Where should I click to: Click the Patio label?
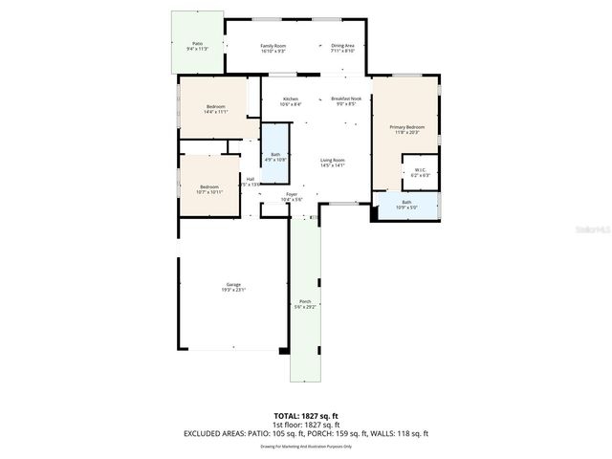[x=197, y=44]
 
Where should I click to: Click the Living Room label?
[x=332, y=162]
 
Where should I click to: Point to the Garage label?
[x=233, y=286]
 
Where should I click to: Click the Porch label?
[x=305, y=304]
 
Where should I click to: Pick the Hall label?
[x=250, y=181]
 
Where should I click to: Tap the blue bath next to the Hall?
[x=275, y=156]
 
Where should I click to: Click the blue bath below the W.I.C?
[x=406, y=205]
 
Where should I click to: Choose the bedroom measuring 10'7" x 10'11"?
[x=209, y=188]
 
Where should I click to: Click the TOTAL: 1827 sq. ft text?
[x=306, y=416]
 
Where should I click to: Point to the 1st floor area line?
[x=306, y=425]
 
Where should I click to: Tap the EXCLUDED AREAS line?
[x=306, y=433]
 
